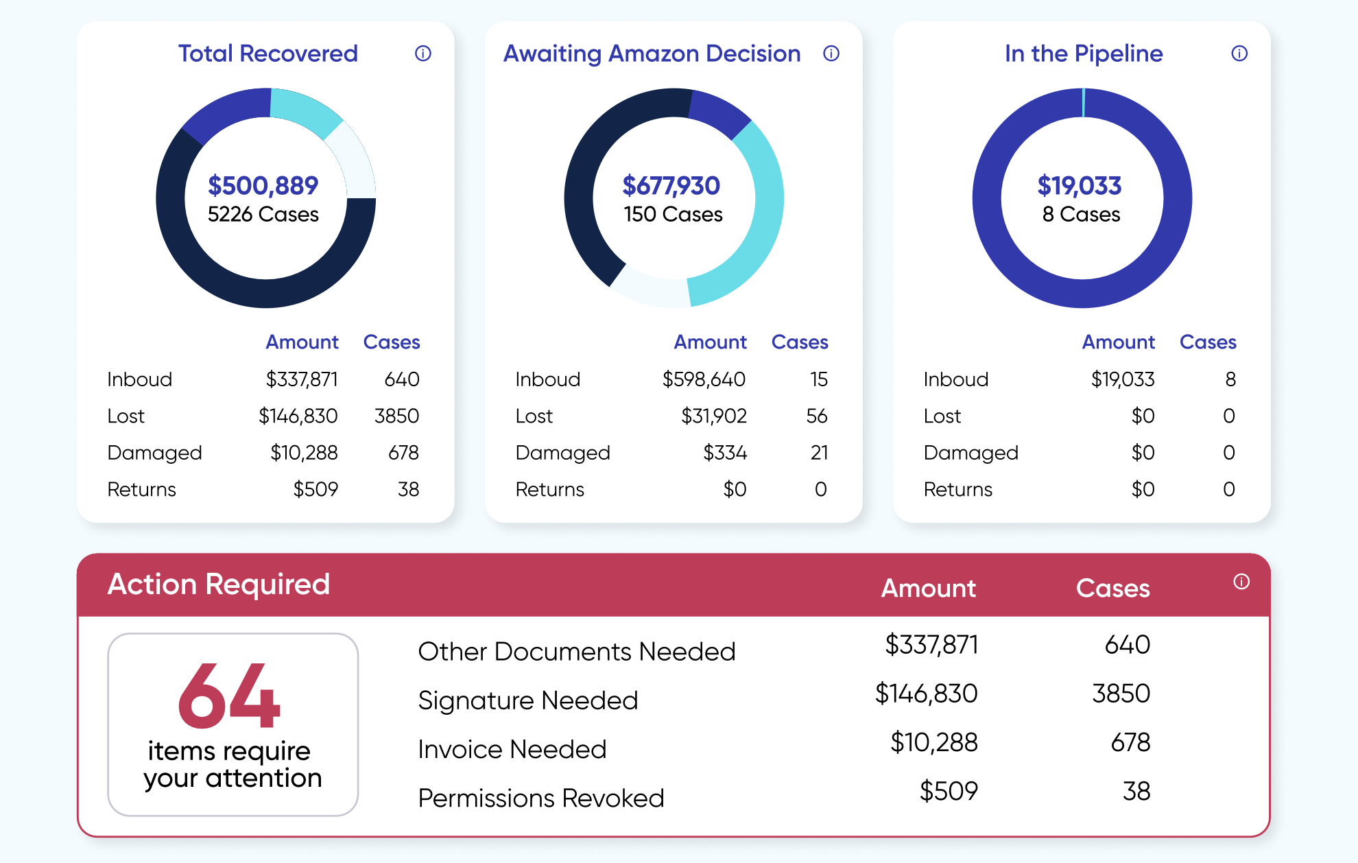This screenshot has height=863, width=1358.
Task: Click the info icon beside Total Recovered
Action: pyautogui.click(x=423, y=54)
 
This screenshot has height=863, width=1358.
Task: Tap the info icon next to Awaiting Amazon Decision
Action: pyautogui.click(x=831, y=54)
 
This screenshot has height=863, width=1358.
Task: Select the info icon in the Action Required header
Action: pyautogui.click(x=1241, y=582)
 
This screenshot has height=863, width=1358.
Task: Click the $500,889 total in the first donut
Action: pyautogui.click(x=263, y=185)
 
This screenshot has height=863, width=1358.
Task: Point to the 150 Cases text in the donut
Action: pyautogui.click(x=673, y=215)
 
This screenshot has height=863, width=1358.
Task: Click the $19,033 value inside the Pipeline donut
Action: pyautogui.click(x=1080, y=185)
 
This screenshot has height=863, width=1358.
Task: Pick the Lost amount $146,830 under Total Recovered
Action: pyautogui.click(x=298, y=416)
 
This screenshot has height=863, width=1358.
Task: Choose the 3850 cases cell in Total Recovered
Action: pyautogui.click(x=396, y=416)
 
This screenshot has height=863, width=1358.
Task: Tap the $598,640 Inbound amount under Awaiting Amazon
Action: pyautogui.click(x=704, y=379)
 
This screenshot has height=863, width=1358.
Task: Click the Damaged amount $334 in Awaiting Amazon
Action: pyautogui.click(x=725, y=453)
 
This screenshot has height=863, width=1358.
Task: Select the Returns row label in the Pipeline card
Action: pyautogui.click(x=957, y=489)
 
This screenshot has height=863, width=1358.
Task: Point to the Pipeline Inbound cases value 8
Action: pyautogui.click(x=1230, y=379)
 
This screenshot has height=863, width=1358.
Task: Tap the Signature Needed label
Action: pyautogui.click(x=528, y=700)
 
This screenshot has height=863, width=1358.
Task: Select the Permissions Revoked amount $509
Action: pyautogui.click(x=949, y=791)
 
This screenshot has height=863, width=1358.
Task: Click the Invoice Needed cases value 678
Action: pyautogui.click(x=1130, y=742)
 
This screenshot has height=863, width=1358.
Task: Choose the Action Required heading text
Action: pyautogui.click(x=219, y=584)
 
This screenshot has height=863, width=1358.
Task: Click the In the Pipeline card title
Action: pyautogui.click(x=1084, y=54)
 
